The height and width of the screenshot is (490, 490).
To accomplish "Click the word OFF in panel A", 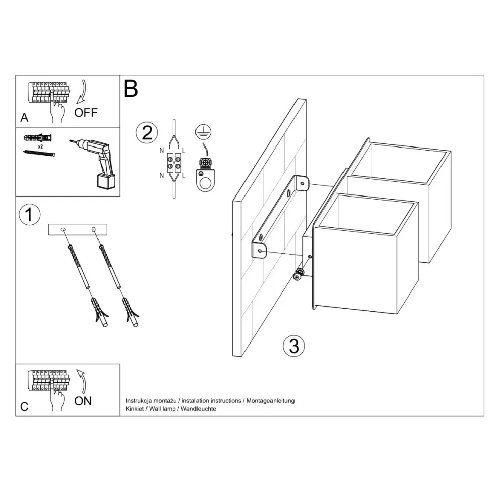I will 86,112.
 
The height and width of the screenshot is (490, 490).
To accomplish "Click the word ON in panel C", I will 83,400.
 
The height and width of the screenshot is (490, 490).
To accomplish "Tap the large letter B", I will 131,89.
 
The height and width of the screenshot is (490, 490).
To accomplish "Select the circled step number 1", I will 29,214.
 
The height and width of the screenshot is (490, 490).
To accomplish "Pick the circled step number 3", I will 294,346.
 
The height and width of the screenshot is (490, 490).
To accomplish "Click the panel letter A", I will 24,118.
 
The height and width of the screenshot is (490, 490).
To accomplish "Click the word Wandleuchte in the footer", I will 198,408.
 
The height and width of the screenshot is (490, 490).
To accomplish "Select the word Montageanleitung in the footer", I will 271,400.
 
